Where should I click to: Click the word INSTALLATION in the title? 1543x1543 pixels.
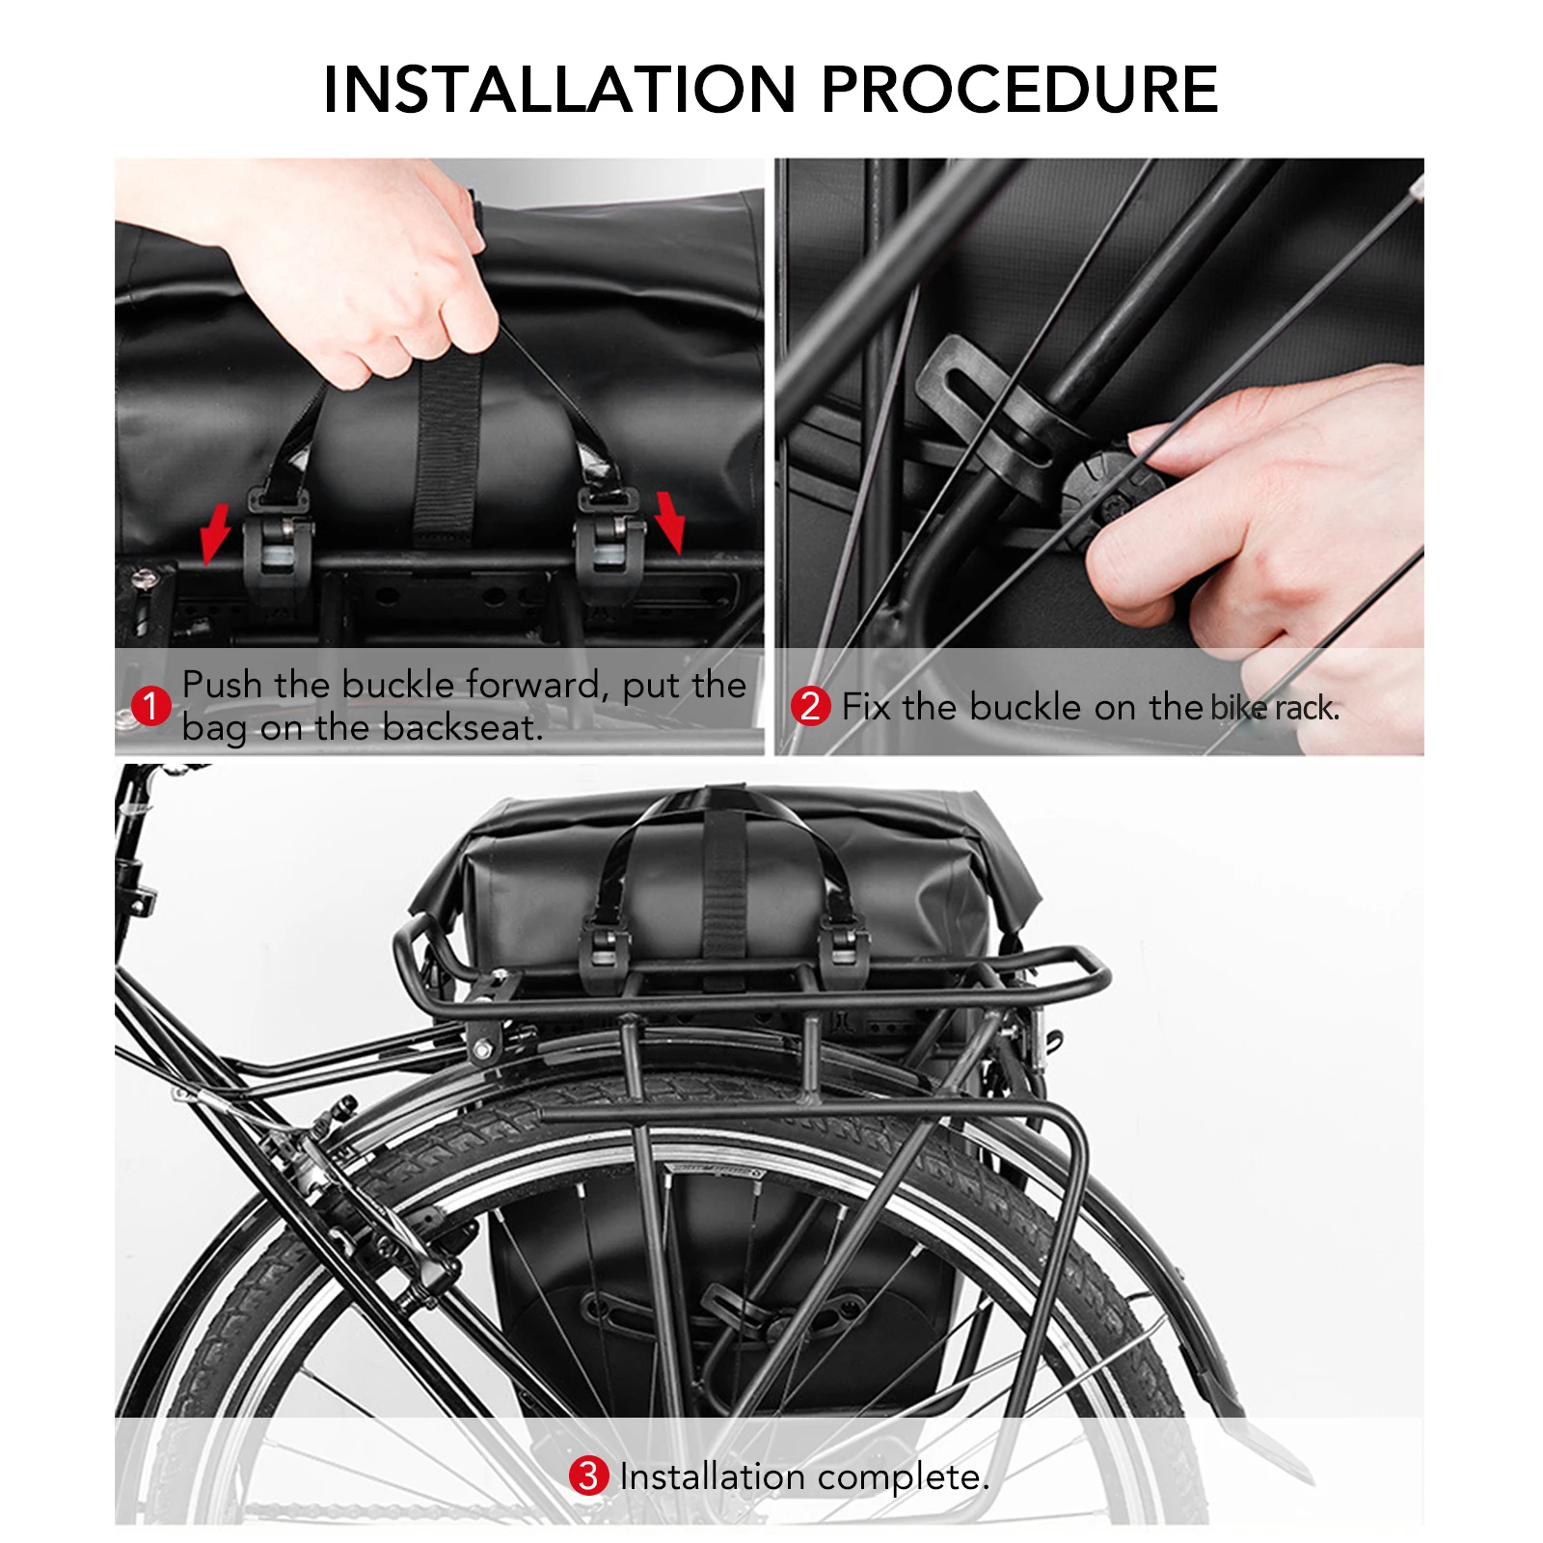click(x=559, y=90)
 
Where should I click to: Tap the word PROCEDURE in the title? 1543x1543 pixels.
click(x=1019, y=90)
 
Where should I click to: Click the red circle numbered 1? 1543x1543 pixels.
click(x=150, y=706)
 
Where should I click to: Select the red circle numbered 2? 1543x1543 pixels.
click(x=810, y=706)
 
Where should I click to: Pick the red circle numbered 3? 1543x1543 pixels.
click(x=587, y=1476)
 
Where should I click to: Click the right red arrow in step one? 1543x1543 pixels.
click(x=669, y=521)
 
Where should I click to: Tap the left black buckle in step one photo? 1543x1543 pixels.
click(x=278, y=550)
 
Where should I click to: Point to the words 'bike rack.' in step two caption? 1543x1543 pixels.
click(x=1275, y=708)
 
